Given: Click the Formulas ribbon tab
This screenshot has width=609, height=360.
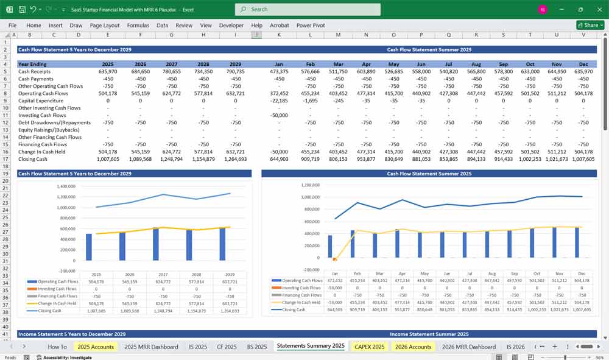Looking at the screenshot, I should (x=138, y=26).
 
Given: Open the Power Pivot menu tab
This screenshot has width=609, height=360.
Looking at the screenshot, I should (x=311, y=26).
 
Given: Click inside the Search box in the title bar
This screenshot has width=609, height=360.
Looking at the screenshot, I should (x=308, y=9).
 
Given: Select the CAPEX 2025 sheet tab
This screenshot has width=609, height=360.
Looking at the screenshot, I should (x=369, y=347).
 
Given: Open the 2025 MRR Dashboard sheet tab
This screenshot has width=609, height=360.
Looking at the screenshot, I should (x=151, y=347).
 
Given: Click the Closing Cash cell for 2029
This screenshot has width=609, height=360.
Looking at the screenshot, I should (x=235, y=159).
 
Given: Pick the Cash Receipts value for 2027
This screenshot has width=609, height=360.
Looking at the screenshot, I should (x=171, y=71).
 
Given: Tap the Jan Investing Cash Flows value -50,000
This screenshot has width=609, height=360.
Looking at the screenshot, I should (x=279, y=115).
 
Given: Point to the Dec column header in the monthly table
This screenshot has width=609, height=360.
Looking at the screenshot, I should (x=584, y=64).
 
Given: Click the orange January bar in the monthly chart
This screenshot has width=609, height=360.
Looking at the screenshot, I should (x=334, y=259).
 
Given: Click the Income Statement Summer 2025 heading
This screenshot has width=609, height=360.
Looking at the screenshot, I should (x=429, y=334).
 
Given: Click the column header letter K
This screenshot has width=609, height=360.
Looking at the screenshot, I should (x=279, y=35).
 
